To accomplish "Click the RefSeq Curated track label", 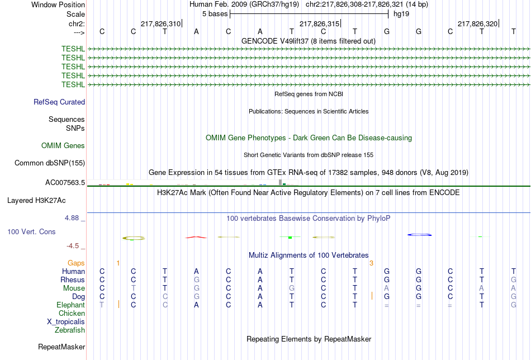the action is pyautogui.click(x=59, y=102).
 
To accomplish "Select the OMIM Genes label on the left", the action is pyautogui.click(x=63, y=146).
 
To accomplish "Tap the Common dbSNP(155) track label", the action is pyautogui.click(x=50, y=163).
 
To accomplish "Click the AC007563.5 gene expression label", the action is pyautogui.click(x=65, y=183).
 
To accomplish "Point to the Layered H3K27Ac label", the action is pyautogui.click(x=36, y=201).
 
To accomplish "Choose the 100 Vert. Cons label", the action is pyautogui.click(x=31, y=231).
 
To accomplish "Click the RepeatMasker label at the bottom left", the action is pyautogui.click(x=61, y=347).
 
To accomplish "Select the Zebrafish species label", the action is pyautogui.click(x=70, y=330).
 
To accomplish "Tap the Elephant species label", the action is pyautogui.click(x=70, y=305).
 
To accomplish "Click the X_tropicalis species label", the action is pyautogui.click(x=66, y=322).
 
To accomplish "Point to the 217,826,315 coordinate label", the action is pyautogui.click(x=319, y=23).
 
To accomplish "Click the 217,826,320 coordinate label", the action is pyautogui.click(x=477, y=23).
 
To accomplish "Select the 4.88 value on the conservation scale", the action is pyautogui.click(x=72, y=218).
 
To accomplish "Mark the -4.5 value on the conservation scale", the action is pyautogui.click(x=73, y=246).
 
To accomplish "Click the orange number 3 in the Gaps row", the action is pyautogui.click(x=372, y=263).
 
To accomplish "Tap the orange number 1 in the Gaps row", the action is pyautogui.click(x=118, y=263).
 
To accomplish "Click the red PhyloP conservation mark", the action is pyautogui.click(x=196, y=238).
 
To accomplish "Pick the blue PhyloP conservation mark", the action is pyautogui.click(x=420, y=235).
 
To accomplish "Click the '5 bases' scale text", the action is pyautogui.click(x=215, y=14).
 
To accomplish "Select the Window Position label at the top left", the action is pyautogui.click(x=58, y=4).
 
